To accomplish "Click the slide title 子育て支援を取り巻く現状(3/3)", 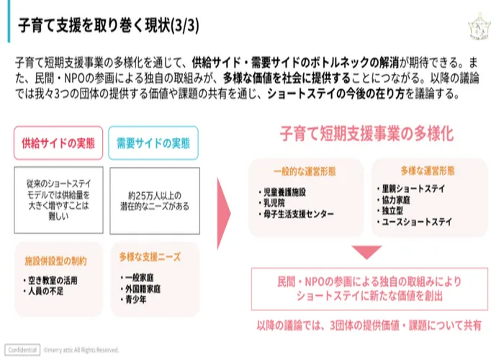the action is point(109,25).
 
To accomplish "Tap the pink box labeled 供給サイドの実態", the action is point(58,143).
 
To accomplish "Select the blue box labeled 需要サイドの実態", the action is point(153,143).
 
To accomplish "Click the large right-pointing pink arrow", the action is point(224,213).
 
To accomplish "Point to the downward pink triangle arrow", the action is point(366,252).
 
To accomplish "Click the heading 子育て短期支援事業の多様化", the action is point(366,134).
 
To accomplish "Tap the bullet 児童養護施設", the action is point(282,192).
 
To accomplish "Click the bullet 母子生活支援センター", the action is point(296,214).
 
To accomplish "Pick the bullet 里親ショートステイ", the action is point(411,189).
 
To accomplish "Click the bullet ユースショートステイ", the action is point(415,222).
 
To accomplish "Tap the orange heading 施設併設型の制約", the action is point(55,261).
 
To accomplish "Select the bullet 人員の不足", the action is point(43,292).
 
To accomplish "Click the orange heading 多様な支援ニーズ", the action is point(150,257).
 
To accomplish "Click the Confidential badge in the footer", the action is point(22,350).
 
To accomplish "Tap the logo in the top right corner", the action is point(480,27).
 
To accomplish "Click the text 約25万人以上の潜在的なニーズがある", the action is point(155,201).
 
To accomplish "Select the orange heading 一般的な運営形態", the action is point(305,171).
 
